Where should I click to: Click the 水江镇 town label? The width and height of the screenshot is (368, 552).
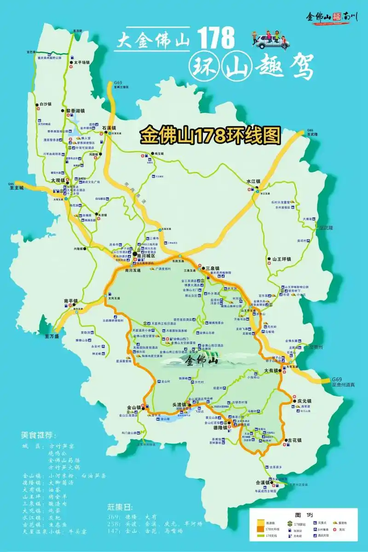coord(253,181)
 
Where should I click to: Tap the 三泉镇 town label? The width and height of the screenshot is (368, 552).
coord(214,268)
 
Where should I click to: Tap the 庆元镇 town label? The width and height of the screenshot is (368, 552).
coord(305,401)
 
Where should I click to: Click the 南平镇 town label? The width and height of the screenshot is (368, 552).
coord(71,301)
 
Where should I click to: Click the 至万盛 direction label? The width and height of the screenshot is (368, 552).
coord(52,336)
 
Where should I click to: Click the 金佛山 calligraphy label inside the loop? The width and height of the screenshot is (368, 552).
coord(201,361)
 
